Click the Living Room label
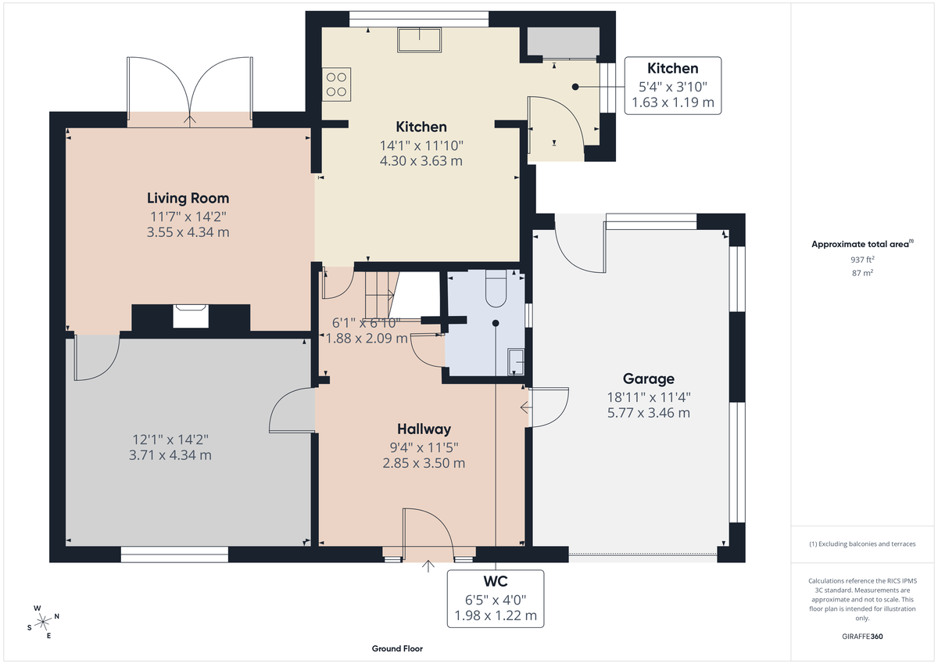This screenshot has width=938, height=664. click(x=188, y=198)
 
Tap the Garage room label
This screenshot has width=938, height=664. click(x=648, y=379)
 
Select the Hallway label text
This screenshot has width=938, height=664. click(x=424, y=429)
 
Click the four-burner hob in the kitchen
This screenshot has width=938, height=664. click(x=337, y=84)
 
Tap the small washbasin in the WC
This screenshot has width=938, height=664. click(x=516, y=361)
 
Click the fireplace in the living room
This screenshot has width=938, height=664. click(x=191, y=315)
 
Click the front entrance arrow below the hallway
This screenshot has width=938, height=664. click(x=428, y=566)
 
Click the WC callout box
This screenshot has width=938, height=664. click(x=496, y=598)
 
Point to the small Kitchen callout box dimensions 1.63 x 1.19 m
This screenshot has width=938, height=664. click(x=672, y=102)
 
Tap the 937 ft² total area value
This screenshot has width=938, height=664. click(x=862, y=259)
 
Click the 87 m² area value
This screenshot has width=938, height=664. click(x=862, y=273)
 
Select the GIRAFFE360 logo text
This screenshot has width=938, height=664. click(x=862, y=637)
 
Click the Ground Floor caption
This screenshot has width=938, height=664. click(x=398, y=648)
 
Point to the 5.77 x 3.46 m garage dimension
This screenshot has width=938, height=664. click(x=648, y=412)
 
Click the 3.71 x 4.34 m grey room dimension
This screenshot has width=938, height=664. click(x=170, y=454)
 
